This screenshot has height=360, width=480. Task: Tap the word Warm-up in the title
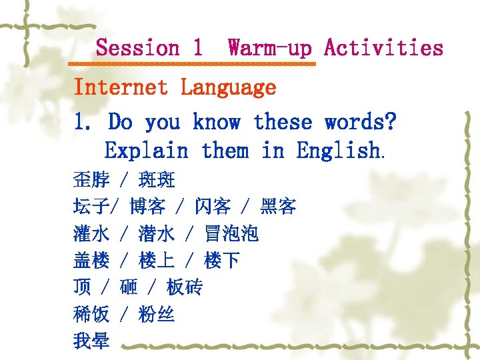(269, 48)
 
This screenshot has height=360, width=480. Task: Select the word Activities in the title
(383, 48)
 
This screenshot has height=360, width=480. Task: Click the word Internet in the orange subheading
(121, 87)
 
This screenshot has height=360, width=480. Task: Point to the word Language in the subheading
(229, 87)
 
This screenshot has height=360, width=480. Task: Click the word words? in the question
(361, 122)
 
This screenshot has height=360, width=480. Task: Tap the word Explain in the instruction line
(147, 151)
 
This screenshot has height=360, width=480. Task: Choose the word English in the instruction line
(340, 151)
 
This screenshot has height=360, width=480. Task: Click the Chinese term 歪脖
(91, 180)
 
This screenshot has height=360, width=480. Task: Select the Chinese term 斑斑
(157, 180)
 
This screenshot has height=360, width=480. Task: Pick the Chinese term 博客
(147, 207)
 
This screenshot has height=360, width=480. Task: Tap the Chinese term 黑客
(278, 207)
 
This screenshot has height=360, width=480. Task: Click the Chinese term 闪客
(213, 207)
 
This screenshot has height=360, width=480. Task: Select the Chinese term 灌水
(91, 233)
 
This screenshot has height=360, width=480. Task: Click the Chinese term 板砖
(185, 287)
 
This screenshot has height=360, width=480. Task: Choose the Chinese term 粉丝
(157, 314)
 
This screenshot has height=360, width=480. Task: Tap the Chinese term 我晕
(91, 341)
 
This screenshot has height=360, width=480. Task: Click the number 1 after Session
(197, 48)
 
